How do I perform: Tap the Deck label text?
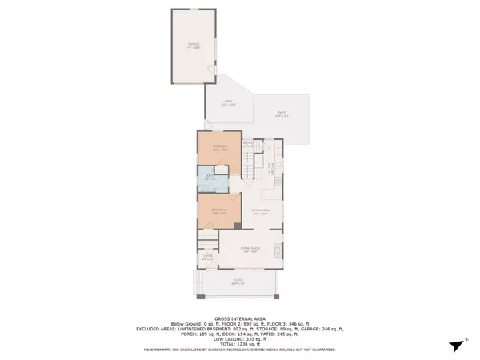228,102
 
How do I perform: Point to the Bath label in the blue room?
209,176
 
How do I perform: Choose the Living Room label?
250,249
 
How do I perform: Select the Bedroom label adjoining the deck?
219,147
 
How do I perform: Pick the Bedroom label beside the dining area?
218,211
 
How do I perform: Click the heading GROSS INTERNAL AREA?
239,317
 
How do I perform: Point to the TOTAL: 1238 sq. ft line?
239,342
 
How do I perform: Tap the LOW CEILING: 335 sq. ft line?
239,338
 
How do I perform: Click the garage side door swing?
213,73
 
